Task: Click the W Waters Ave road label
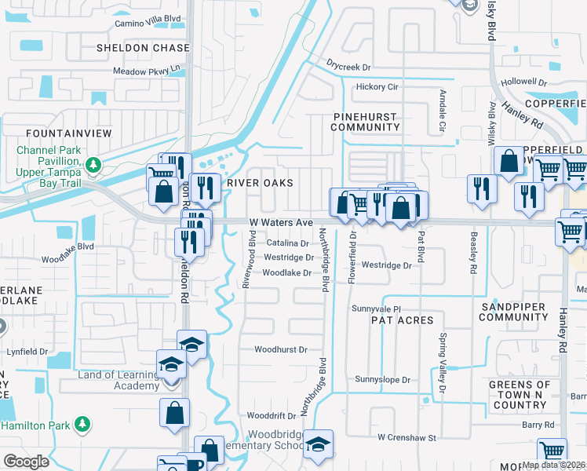[280, 224]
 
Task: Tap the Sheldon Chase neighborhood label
[143, 48]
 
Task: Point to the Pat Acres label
[403, 320]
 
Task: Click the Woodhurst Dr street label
[280, 349]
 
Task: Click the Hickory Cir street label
[377, 87]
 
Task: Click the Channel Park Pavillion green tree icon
[94, 165]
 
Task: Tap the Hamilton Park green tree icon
[82, 425]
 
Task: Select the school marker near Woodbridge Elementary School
[318, 445]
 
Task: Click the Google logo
[26, 462]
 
